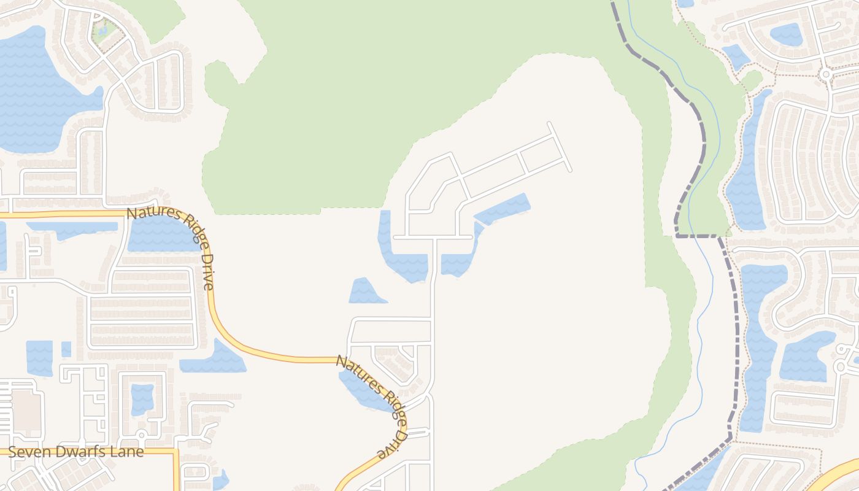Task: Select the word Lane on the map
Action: [127, 452]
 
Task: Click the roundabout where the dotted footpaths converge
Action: [826, 74]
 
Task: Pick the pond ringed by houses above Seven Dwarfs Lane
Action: [142, 399]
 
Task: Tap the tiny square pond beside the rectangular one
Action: [66, 349]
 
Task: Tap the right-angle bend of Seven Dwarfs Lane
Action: [177, 452]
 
